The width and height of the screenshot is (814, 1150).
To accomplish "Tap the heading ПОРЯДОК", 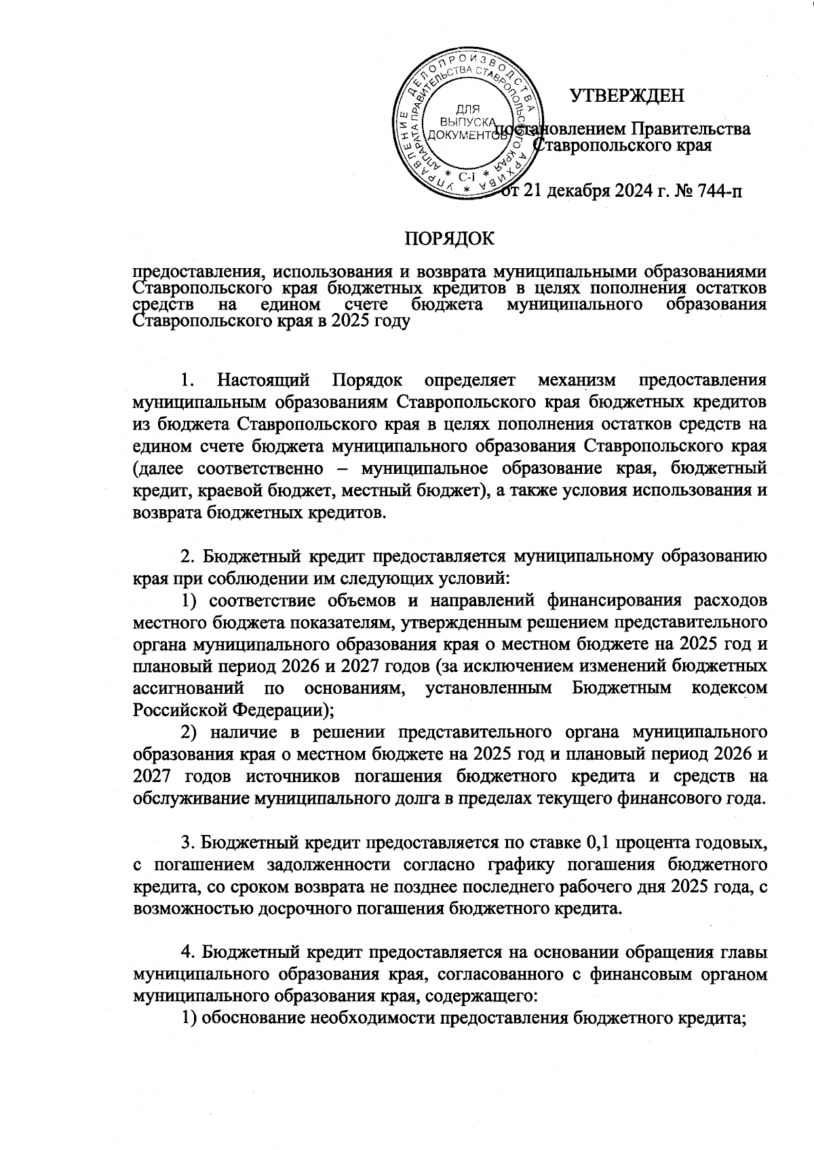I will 450,239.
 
